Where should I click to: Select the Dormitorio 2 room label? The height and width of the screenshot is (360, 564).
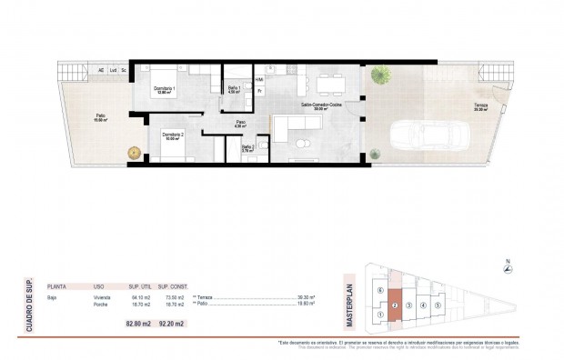174,136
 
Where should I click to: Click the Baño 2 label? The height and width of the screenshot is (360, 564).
247,148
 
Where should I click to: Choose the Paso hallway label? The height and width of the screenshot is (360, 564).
240,124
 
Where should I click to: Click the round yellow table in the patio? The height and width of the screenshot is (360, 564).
134,152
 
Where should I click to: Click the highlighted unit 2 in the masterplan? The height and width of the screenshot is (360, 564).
395,305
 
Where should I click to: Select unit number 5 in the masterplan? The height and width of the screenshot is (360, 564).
438,305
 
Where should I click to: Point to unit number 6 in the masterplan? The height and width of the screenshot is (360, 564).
379,290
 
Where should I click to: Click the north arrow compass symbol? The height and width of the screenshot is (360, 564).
508,271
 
